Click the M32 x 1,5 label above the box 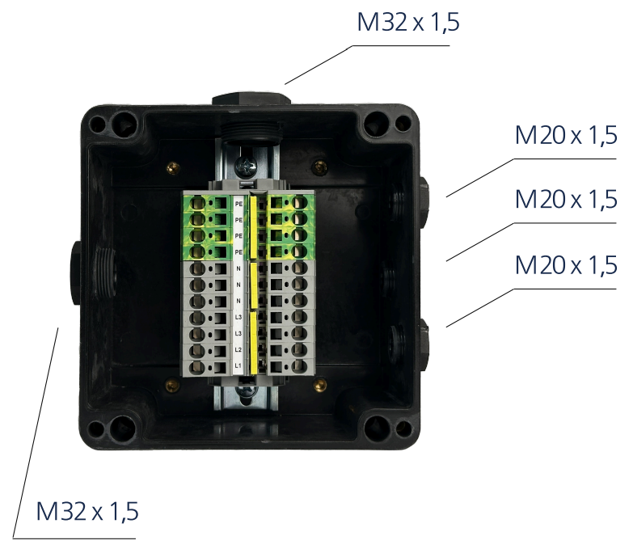click(408, 22)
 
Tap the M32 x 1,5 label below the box click(87, 512)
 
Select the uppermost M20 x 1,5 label click(566, 135)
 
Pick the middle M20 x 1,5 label click(566, 198)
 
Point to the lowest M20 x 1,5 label click(566, 264)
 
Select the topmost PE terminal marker click(238, 205)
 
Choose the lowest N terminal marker click(238, 301)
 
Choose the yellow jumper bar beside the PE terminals click(253, 223)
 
